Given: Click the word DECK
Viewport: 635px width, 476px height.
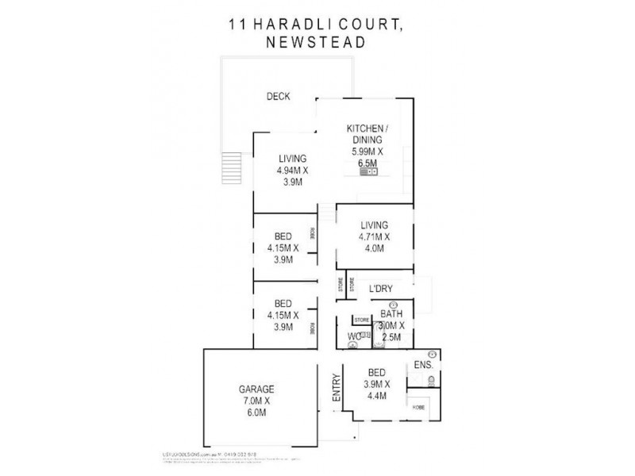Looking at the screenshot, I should pyautogui.click(x=278, y=97).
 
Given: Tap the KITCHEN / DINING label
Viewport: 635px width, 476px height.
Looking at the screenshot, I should pyautogui.click(x=366, y=134).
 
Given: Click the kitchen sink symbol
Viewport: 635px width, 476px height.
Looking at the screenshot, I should pyautogui.click(x=368, y=170).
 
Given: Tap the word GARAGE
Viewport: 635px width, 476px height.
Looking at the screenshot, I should pyautogui.click(x=256, y=389).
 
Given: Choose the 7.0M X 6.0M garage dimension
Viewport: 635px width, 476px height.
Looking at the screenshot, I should pyautogui.click(x=256, y=407).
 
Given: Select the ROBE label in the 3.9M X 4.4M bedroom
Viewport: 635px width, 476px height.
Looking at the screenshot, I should pyautogui.click(x=418, y=407).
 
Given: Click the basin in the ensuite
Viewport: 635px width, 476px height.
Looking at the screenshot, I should pyautogui.click(x=433, y=354).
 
